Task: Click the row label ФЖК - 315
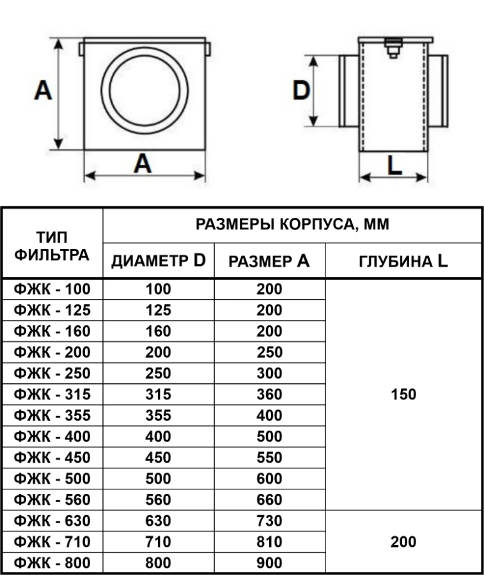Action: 52,395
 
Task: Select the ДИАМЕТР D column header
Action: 159,261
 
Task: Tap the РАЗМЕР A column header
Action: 269,261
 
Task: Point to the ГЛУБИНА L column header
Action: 403,261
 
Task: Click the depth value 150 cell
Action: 403,395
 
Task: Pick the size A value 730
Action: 269,521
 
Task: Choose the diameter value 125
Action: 159,310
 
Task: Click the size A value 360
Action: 269,395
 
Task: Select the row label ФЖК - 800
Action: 52,563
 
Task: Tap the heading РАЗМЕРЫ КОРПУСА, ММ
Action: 292,224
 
